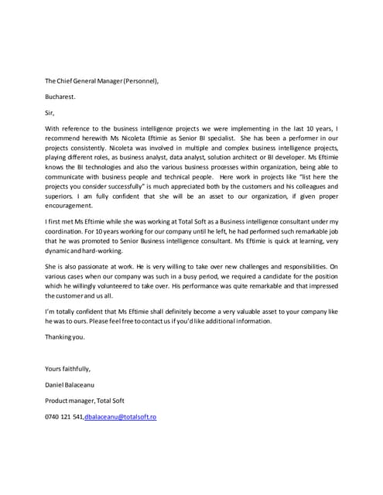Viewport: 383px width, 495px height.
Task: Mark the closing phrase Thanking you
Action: pos(65,336)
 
